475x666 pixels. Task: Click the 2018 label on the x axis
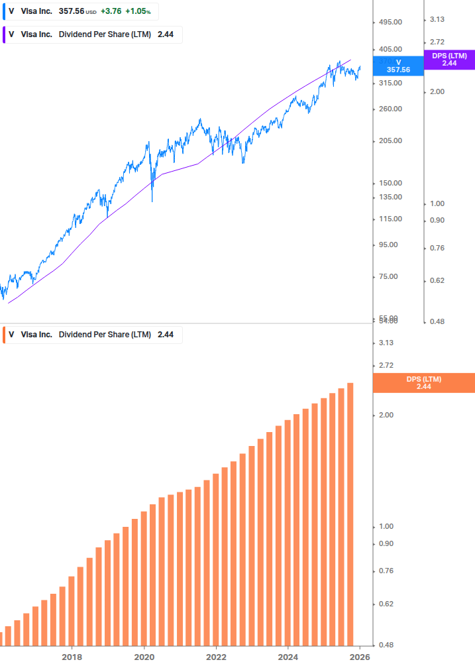coord(72,657)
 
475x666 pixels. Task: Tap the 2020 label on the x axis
coord(144,657)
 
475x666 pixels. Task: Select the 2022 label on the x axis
coord(216,657)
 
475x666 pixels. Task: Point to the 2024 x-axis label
coord(288,657)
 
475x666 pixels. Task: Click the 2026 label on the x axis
coord(360,657)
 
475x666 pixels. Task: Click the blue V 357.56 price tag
coord(398,66)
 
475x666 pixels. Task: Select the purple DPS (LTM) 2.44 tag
coord(449,60)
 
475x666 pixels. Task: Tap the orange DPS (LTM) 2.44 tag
coord(424,383)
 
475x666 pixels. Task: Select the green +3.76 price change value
coord(111,11)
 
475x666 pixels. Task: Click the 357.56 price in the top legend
coord(71,11)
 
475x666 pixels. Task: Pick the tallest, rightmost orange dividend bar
coord(350,514)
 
